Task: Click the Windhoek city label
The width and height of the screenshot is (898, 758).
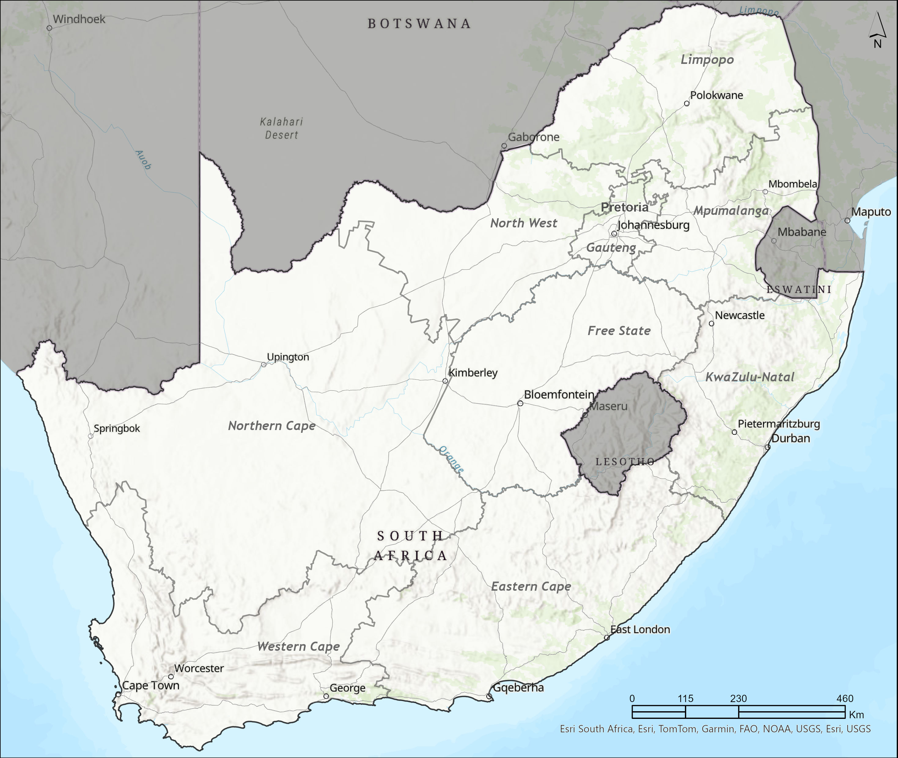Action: [79, 19]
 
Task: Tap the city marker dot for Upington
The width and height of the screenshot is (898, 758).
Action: [264, 364]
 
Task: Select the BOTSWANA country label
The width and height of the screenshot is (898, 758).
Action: [419, 24]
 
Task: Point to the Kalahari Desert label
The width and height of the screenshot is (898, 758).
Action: [282, 128]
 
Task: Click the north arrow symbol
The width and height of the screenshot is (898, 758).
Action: [877, 30]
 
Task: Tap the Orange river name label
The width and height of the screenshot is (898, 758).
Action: [451, 459]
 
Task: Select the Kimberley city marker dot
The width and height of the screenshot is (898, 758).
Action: [445, 381]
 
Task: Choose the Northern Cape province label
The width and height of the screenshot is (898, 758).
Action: [271, 425]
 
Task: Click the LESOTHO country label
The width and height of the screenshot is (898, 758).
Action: [625, 462]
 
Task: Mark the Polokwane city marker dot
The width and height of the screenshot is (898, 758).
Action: [686, 104]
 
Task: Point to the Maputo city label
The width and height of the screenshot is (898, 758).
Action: [871, 212]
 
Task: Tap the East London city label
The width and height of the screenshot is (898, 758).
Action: [640, 630]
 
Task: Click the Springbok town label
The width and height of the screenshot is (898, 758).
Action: [116, 429]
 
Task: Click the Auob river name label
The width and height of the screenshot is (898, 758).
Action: [143, 160]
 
